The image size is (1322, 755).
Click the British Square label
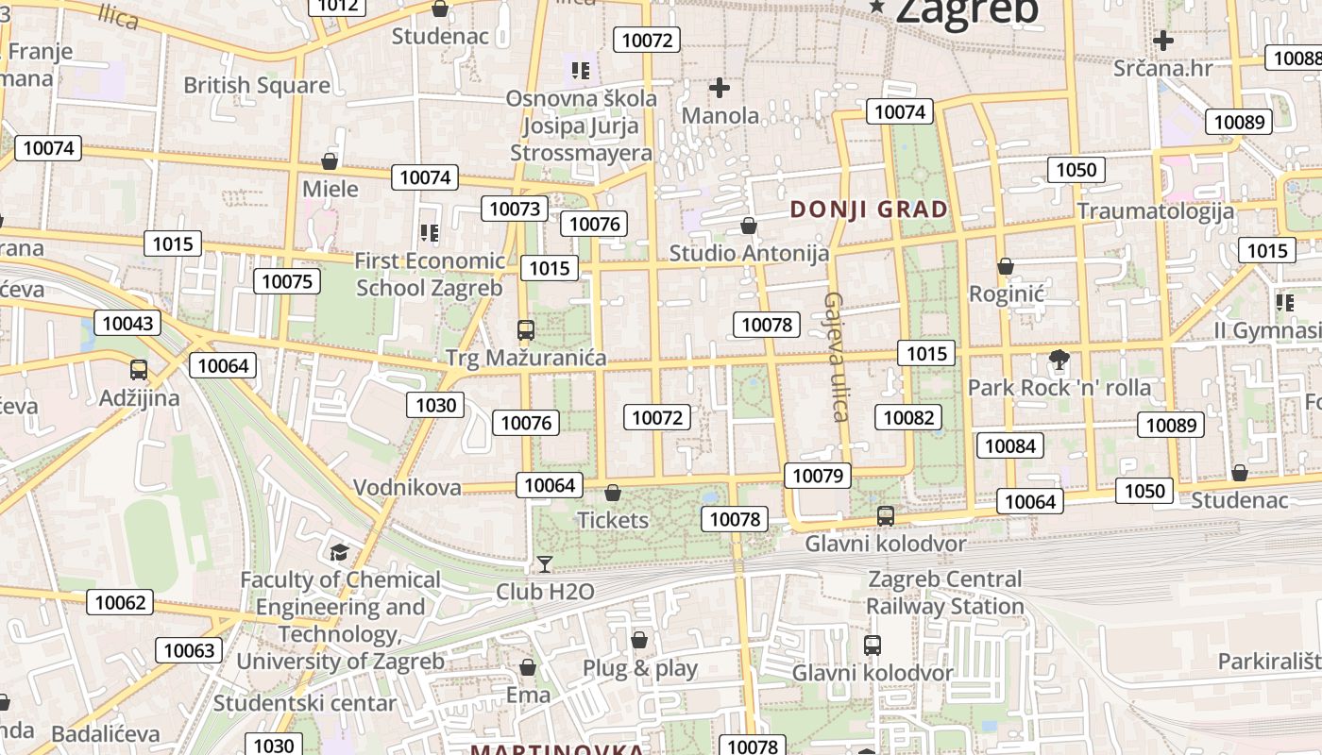pos(257,85)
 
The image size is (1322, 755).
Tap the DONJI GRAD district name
pos(869,210)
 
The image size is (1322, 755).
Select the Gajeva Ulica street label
pos(835,356)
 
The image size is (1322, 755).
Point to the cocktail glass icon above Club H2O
pos(545,564)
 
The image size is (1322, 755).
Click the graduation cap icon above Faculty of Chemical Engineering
pos(339,552)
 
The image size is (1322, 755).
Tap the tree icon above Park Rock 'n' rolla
pos(1059,360)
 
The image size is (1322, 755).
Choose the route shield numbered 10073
pos(515,209)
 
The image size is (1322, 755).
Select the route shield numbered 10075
pos(287,281)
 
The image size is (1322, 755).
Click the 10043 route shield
pos(127,324)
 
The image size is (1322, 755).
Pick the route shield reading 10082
pos(909,417)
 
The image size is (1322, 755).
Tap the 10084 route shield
pos(1009,445)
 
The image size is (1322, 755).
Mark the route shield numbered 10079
pos(818,476)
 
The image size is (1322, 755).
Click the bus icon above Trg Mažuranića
pos(526,330)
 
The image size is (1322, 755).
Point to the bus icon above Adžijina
pos(139,370)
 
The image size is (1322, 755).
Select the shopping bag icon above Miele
pos(330,161)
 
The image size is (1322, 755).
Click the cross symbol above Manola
pos(720,89)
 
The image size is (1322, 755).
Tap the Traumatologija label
pos(1155,210)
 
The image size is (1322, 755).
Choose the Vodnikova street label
pos(407,488)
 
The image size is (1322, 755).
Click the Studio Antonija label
pos(749,253)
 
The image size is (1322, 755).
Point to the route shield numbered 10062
pos(121,602)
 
